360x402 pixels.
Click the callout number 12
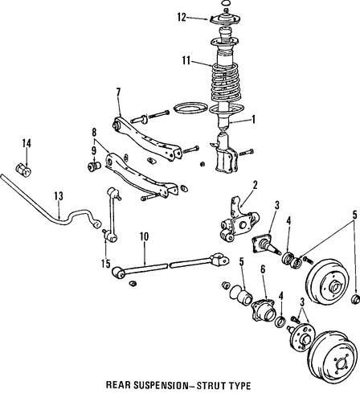point(182,17)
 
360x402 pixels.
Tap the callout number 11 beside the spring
point(186,60)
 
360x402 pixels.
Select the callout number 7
point(118,92)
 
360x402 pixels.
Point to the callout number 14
point(27,143)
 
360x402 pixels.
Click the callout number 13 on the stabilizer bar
point(59,196)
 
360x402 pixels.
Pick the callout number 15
point(106,264)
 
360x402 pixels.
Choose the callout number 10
point(144,237)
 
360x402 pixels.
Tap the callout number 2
point(255,185)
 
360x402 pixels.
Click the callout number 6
point(263,270)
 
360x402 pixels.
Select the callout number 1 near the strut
point(253,120)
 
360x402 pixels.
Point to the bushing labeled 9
point(94,165)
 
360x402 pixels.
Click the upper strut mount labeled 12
point(225,18)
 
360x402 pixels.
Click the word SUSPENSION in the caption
point(160,385)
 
